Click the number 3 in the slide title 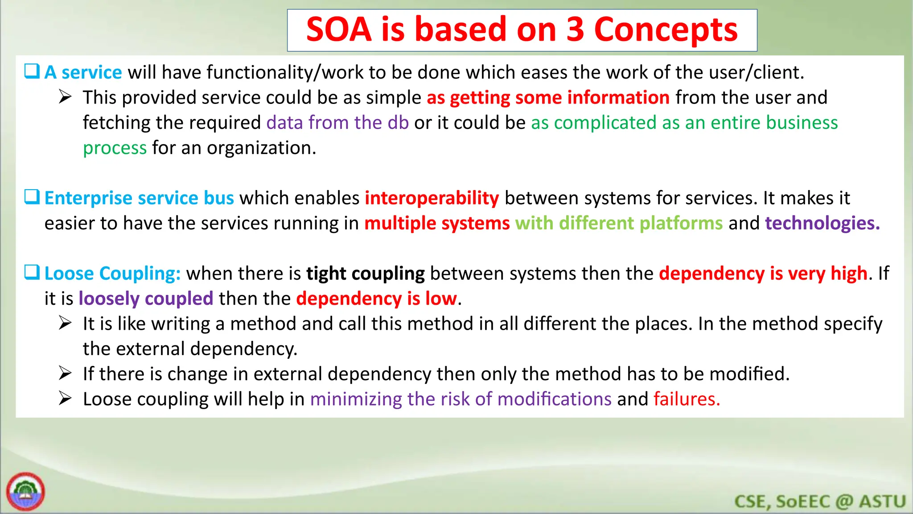(575, 29)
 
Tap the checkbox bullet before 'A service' (32, 71)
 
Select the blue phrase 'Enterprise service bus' (139, 198)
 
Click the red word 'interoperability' (432, 198)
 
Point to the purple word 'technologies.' (822, 223)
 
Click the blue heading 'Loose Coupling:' (112, 274)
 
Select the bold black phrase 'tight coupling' (365, 274)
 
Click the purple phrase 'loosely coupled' (146, 298)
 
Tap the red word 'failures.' (687, 399)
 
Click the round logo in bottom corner (25, 492)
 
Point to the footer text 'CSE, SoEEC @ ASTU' (819, 502)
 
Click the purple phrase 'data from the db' (337, 123)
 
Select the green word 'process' (115, 148)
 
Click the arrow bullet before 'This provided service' (65, 97)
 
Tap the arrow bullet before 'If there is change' (65, 373)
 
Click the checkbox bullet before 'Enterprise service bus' (32, 197)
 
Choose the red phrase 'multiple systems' (437, 223)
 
